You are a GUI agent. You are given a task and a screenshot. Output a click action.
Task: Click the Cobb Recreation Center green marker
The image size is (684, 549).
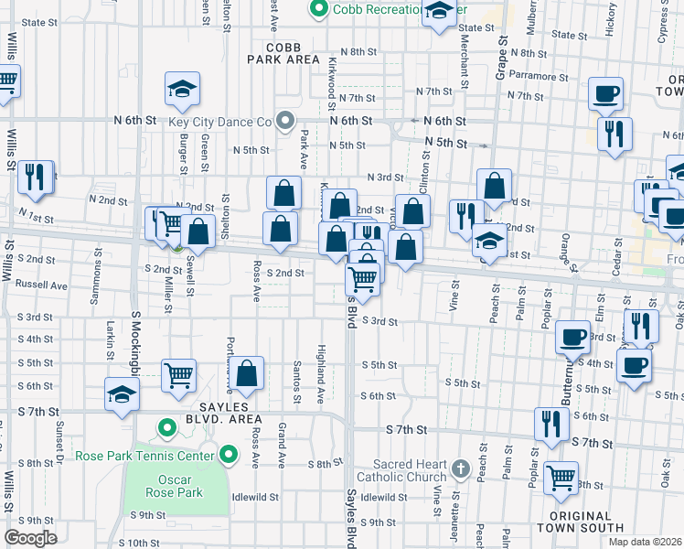[x=319, y=10]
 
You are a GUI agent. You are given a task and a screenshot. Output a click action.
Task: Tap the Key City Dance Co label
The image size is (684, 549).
[x=220, y=121]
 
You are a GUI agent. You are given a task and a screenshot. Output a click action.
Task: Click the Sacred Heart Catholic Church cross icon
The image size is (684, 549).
[x=463, y=470]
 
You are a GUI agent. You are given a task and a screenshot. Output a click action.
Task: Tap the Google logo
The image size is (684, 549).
[x=30, y=538]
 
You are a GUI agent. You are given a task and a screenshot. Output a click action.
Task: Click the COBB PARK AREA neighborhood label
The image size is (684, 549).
[x=283, y=52]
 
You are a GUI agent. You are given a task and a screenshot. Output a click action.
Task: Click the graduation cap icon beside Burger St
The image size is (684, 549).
[x=182, y=91]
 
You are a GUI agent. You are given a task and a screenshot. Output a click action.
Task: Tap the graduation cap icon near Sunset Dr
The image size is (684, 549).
[x=121, y=394]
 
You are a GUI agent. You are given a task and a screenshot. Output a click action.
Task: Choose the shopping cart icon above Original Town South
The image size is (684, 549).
[x=561, y=478]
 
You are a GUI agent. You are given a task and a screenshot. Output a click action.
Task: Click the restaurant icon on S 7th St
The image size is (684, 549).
[x=551, y=425]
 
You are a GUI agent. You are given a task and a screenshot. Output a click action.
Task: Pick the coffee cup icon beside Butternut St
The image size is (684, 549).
[x=573, y=338]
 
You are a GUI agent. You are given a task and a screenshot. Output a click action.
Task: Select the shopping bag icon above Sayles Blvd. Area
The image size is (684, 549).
[x=247, y=373]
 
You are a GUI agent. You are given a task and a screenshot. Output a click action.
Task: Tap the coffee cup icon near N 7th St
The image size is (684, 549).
[x=606, y=92]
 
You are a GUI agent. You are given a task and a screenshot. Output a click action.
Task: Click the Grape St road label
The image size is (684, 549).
[x=501, y=59]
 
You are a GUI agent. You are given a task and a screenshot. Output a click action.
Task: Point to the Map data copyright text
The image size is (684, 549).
[x=645, y=541]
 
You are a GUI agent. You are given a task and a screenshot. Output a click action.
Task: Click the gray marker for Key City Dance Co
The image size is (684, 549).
[x=285, y=121]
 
